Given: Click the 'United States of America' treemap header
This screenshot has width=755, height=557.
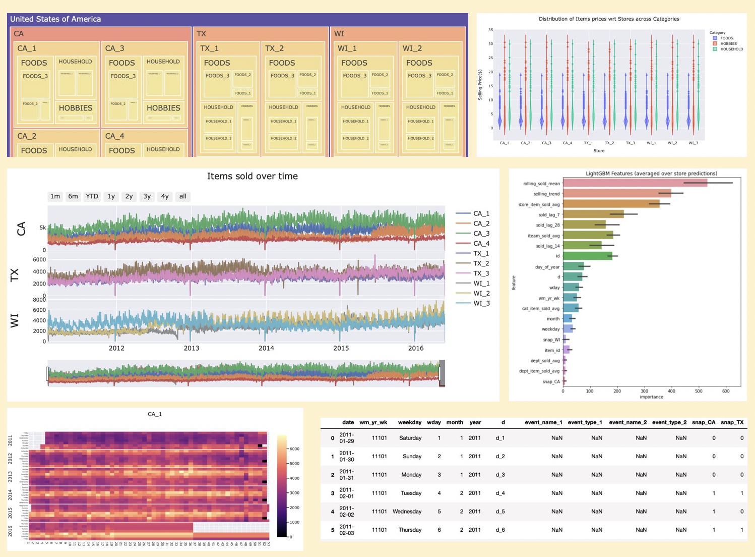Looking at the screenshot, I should tap(55, 19).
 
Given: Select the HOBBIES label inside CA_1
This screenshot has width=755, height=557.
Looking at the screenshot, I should tap(76, 108).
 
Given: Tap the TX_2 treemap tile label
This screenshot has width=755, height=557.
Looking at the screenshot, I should tap(275, 48).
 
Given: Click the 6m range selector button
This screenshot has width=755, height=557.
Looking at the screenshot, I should tap(73, 196).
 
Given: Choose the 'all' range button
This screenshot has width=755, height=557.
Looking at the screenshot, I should tap(182, 196).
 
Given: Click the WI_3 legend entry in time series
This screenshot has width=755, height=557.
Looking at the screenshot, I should tap(481, 303).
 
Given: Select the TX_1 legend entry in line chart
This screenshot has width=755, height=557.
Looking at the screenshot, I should tap(481, 253).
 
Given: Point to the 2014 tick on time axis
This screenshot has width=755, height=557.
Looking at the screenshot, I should tap(266, 348).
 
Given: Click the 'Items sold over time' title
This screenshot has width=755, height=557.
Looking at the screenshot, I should tap(252, 176).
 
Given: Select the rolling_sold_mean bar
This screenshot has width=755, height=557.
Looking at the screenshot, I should tap(635, 183).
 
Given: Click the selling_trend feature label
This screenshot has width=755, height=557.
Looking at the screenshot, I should tap(546, 194).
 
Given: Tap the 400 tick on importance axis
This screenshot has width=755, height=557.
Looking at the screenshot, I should tap(671, 391).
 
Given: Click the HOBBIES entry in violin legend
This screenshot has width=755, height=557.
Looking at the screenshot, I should tap(728, 44).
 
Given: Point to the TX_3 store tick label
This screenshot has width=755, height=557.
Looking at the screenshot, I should tap(630, 143).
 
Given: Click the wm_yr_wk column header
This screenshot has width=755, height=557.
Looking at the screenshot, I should tap(373, 423).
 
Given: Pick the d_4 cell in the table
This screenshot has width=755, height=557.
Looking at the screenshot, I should tap(500, 493).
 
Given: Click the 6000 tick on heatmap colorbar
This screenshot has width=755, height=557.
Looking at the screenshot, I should tap(294, 449).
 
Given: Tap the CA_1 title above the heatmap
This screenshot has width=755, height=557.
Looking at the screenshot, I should tap(155, 414).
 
